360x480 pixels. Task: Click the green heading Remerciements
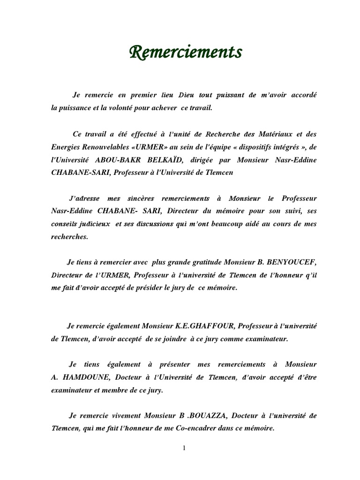coord(186,52)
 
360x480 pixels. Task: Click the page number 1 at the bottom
coord(184,448)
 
